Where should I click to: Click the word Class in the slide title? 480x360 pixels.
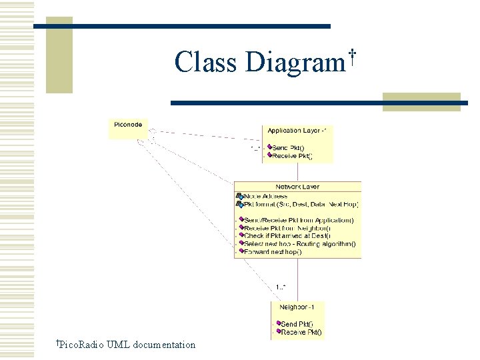tap(205, 63)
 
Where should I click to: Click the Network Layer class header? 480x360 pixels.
tap(297, 187)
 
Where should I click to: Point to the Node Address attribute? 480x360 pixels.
tap(265, 196)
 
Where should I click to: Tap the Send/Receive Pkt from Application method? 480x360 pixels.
tap(299, 220)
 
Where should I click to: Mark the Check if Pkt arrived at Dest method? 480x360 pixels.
tap(288, 236)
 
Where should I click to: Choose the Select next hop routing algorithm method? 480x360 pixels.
tap(299, 244)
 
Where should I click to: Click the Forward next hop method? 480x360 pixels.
tap(273, 252)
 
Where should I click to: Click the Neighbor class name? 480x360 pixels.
tap(301, 307)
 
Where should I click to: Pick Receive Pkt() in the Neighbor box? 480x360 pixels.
tap(301, 332)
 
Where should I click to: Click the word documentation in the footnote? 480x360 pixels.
tap(164, 345)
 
